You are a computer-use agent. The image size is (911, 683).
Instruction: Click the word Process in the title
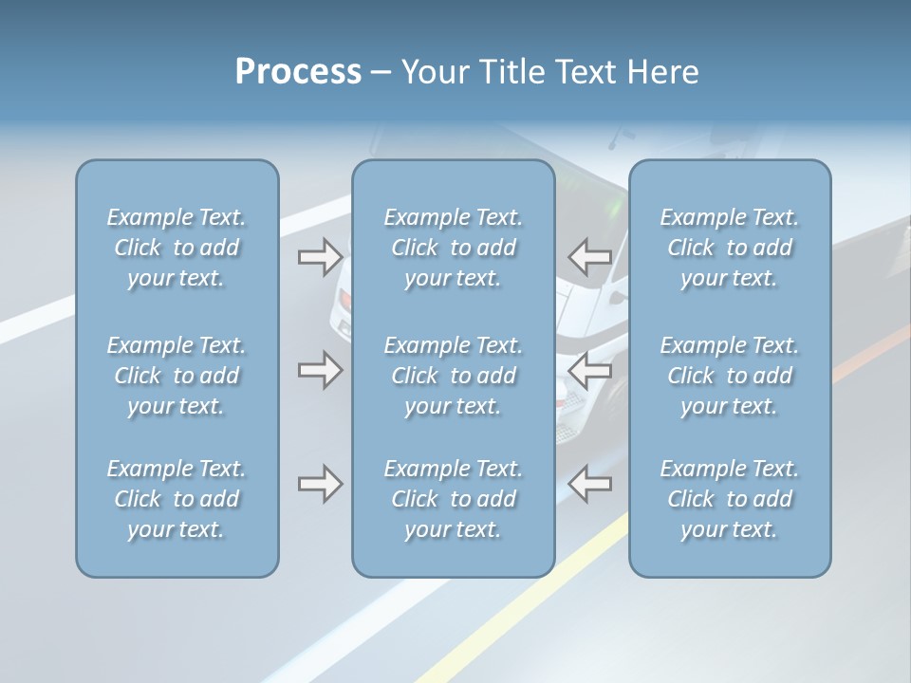[x=298, y=72]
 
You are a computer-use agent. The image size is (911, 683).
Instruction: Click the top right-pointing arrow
[x=320, y=255]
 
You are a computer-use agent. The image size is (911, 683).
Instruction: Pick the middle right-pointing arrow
[x=320, y=370]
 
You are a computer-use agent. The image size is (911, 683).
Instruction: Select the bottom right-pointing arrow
[x=320, y=485]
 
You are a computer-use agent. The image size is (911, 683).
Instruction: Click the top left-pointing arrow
[x=589, y=255]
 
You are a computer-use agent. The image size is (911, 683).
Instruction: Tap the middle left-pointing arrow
[x=589, y=370]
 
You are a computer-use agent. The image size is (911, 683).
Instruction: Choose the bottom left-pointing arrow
[x=589, y=485]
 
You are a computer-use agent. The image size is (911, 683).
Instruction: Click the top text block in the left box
[x=177, y=248]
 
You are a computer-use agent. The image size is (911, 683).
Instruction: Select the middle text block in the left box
[x=177, y=376]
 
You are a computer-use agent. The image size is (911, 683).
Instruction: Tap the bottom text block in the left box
[x=177, y=499]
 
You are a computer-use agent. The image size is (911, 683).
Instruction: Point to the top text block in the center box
[x=454, y=248]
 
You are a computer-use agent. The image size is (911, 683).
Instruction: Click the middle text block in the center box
[x=454, y=376]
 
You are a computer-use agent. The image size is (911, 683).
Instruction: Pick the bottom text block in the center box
[x=454, y=499]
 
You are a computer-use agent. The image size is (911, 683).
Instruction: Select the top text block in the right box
[x=730, y=248]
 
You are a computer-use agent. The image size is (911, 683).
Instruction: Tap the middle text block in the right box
[x=730, y=376]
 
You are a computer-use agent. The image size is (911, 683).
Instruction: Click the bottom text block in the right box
[x=730, y=499]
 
